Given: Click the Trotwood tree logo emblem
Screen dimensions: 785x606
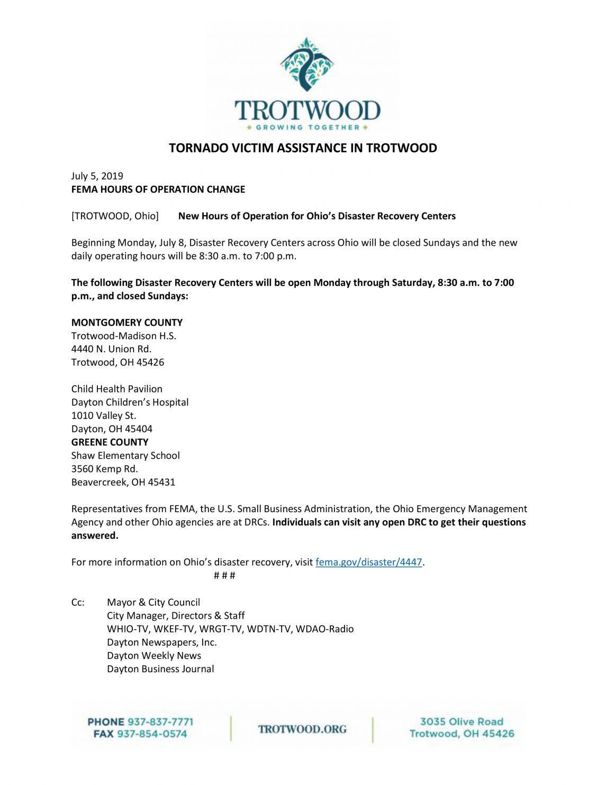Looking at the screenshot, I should [x=307, y=64].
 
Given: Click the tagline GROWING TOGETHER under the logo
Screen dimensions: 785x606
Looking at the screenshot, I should [x=307, y=127].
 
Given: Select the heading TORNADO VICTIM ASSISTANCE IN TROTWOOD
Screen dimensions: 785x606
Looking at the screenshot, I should [x=303, y=148].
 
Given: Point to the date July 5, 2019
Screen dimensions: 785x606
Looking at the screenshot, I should [x=97, y=176].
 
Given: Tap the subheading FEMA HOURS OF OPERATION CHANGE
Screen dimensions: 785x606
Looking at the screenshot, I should [x=158, y=189].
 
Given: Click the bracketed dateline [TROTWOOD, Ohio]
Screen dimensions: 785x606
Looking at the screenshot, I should [x=115, y=216].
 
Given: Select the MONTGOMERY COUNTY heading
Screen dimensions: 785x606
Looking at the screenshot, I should [x=127, y=322].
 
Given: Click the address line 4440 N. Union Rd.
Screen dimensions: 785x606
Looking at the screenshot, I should [x=111, y=349].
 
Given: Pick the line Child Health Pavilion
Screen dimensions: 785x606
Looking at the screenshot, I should [x=117, y=389].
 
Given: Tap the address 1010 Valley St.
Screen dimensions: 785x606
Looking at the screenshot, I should [x=104, y=415].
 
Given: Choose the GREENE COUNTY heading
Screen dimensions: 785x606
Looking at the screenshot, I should [x=110, y=442].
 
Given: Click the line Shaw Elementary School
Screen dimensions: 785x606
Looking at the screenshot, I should [x=125, y=456].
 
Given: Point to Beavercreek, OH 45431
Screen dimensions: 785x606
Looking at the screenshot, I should [x=123, y=482].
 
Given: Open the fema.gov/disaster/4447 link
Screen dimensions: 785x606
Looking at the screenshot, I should [x=368, y=562].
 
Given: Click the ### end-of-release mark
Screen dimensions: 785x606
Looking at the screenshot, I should [x=224, y=575].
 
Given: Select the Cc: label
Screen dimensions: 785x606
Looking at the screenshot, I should [x=78, y=602].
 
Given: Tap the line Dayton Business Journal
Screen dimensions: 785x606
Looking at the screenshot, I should [x=160, y=669].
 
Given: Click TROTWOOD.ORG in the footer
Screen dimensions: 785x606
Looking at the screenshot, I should [x=302, y=729].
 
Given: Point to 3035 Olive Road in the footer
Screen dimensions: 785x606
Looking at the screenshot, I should [x=462, y=721].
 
